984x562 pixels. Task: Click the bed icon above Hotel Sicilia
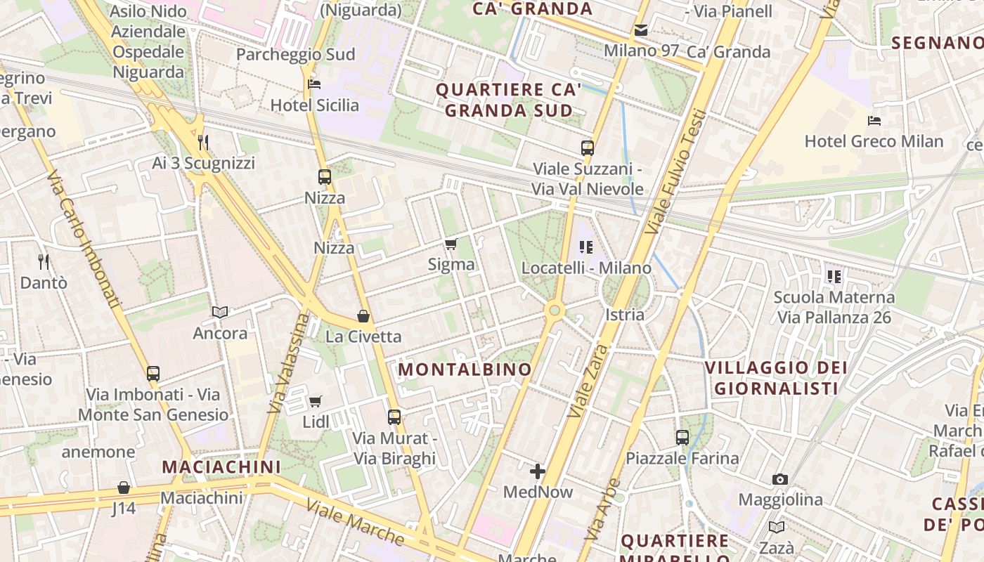coord(314,85)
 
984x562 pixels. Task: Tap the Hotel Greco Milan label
coord(874,141)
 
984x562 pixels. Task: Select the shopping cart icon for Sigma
coord(451,244)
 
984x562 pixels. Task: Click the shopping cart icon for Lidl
coord(316,402)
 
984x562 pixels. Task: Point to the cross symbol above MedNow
coord(538,471)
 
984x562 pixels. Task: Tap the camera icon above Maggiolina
coord(779,480)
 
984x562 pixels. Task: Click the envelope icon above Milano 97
coord(641,30)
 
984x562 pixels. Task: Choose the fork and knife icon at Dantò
coord(44,262)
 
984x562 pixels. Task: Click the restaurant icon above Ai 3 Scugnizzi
coord(203,143)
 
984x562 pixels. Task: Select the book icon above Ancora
coord(220,312)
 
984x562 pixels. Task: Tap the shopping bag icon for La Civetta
coord(363,316)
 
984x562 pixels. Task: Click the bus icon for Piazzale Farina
coord(682,438)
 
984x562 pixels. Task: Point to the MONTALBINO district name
coord(465,370)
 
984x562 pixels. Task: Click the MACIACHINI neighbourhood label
coord(221,466)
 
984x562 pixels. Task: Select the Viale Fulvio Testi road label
coord(676,171)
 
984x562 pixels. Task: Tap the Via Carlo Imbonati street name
coord(84,240)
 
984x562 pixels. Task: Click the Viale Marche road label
coord(355,522)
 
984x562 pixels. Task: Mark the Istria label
coord(625,315)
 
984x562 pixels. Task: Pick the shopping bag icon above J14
coord(124,488)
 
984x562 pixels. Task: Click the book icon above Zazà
coord(776,528)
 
